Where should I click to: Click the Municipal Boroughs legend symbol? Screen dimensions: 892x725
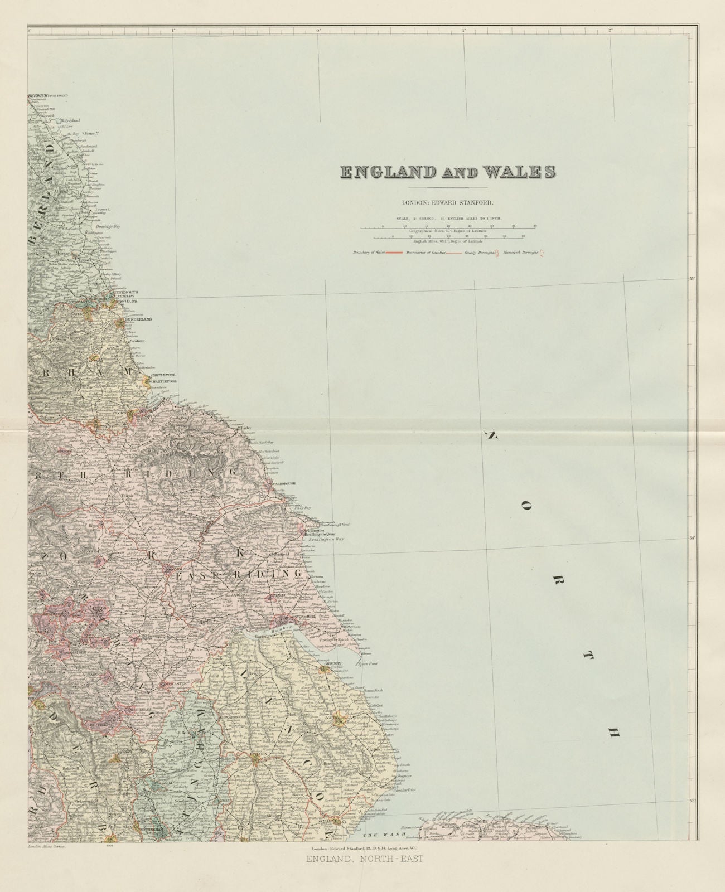[542, 253]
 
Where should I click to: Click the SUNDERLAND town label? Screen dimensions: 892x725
[138, 320]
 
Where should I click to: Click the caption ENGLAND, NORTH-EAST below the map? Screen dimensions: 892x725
[365, 859]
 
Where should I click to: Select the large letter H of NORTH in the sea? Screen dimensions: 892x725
[611, 734]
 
